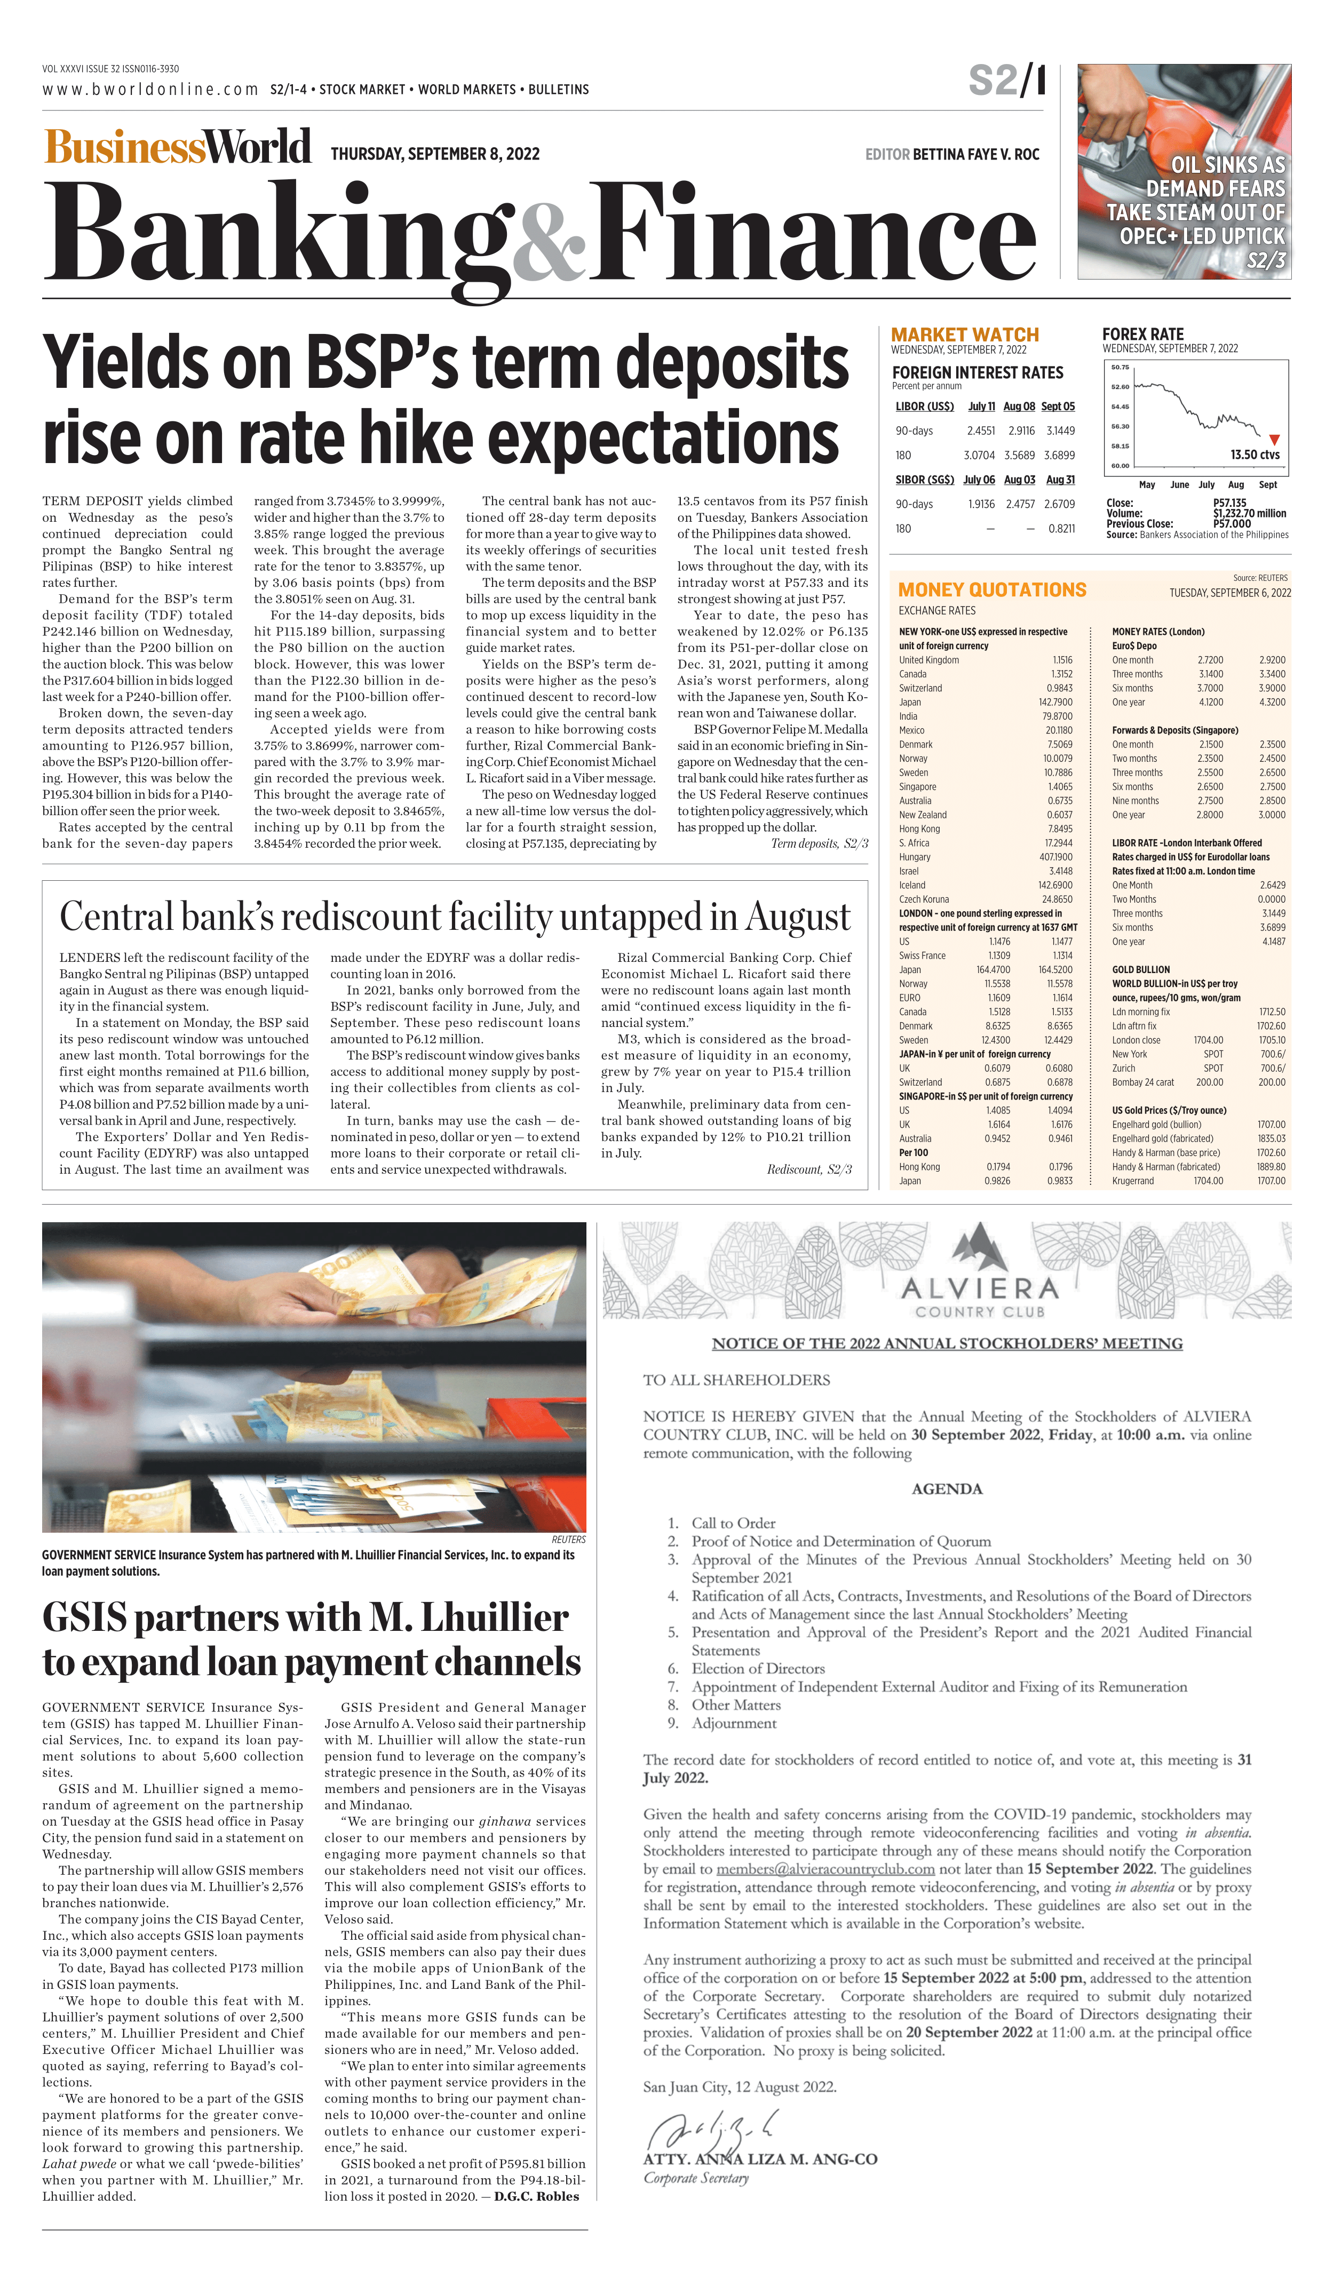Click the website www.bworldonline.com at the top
(150, 89)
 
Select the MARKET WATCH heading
(964, 334)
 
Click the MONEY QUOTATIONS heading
(991, 590)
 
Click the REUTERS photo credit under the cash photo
(568, 1539)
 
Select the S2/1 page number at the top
(1006, 81)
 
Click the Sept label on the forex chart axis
(1267, 484)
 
